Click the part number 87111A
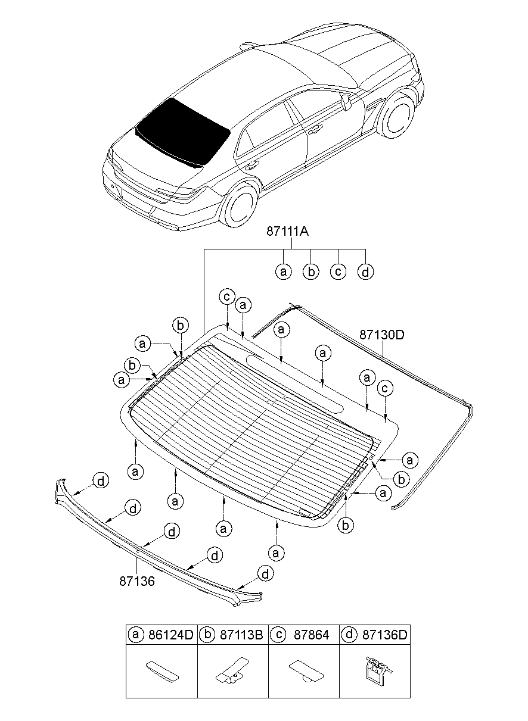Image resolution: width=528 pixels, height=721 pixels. tap(287, 232)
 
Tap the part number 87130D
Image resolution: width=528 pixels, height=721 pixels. tap(382, 335)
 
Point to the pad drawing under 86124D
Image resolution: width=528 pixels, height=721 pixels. tap(162, 670)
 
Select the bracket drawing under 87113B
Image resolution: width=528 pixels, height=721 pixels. tap(232, 670)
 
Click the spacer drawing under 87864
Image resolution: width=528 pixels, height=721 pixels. tap(306, 670)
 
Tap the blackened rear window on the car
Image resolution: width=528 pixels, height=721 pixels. tap(183, 133)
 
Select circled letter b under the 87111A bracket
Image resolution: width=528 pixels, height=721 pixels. tap(310, 272)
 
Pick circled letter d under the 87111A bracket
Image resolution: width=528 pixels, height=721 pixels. tap(365, 272)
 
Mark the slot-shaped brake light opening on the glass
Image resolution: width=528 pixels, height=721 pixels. tap(295, 383)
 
